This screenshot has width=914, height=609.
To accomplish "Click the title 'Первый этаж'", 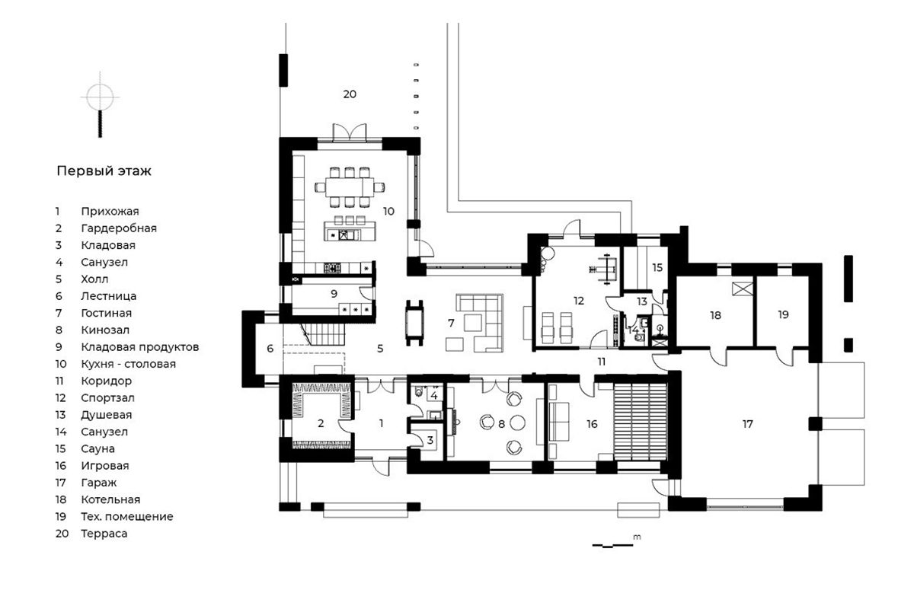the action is tap(104, 171).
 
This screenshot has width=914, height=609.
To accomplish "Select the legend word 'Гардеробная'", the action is tap(119, 228).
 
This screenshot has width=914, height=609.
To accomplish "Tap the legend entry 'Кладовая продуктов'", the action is tap(140, 347).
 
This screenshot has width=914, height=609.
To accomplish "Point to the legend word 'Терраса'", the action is tap(104, 534).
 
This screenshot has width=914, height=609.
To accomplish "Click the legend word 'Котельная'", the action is tap(110, 499).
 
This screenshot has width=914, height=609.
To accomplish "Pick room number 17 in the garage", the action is tap(747, 424).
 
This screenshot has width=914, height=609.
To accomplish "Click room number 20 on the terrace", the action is tap(350, 94).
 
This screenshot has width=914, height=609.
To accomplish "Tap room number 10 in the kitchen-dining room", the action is tap(388, 212).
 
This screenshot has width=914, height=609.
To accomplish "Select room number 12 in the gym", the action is tap(579, 301).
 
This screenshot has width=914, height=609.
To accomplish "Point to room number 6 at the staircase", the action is tap(270, 349).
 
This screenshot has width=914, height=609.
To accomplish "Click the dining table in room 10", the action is tap(350, 187).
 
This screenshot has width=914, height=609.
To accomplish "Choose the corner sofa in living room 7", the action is tap(480, 322).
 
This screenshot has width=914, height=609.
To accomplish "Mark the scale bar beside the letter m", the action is tap(612, 545).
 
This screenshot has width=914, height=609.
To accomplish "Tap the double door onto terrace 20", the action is tap(350, 132).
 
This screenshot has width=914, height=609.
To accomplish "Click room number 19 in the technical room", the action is tap(783, 315).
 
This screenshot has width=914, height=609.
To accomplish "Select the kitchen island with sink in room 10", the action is tap(350, 231).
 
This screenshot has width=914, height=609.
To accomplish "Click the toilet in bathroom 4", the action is tap(419, 392).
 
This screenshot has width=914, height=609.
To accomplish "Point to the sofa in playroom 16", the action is tap(559, 422).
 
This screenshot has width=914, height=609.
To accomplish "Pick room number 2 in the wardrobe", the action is tap(321, 424).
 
